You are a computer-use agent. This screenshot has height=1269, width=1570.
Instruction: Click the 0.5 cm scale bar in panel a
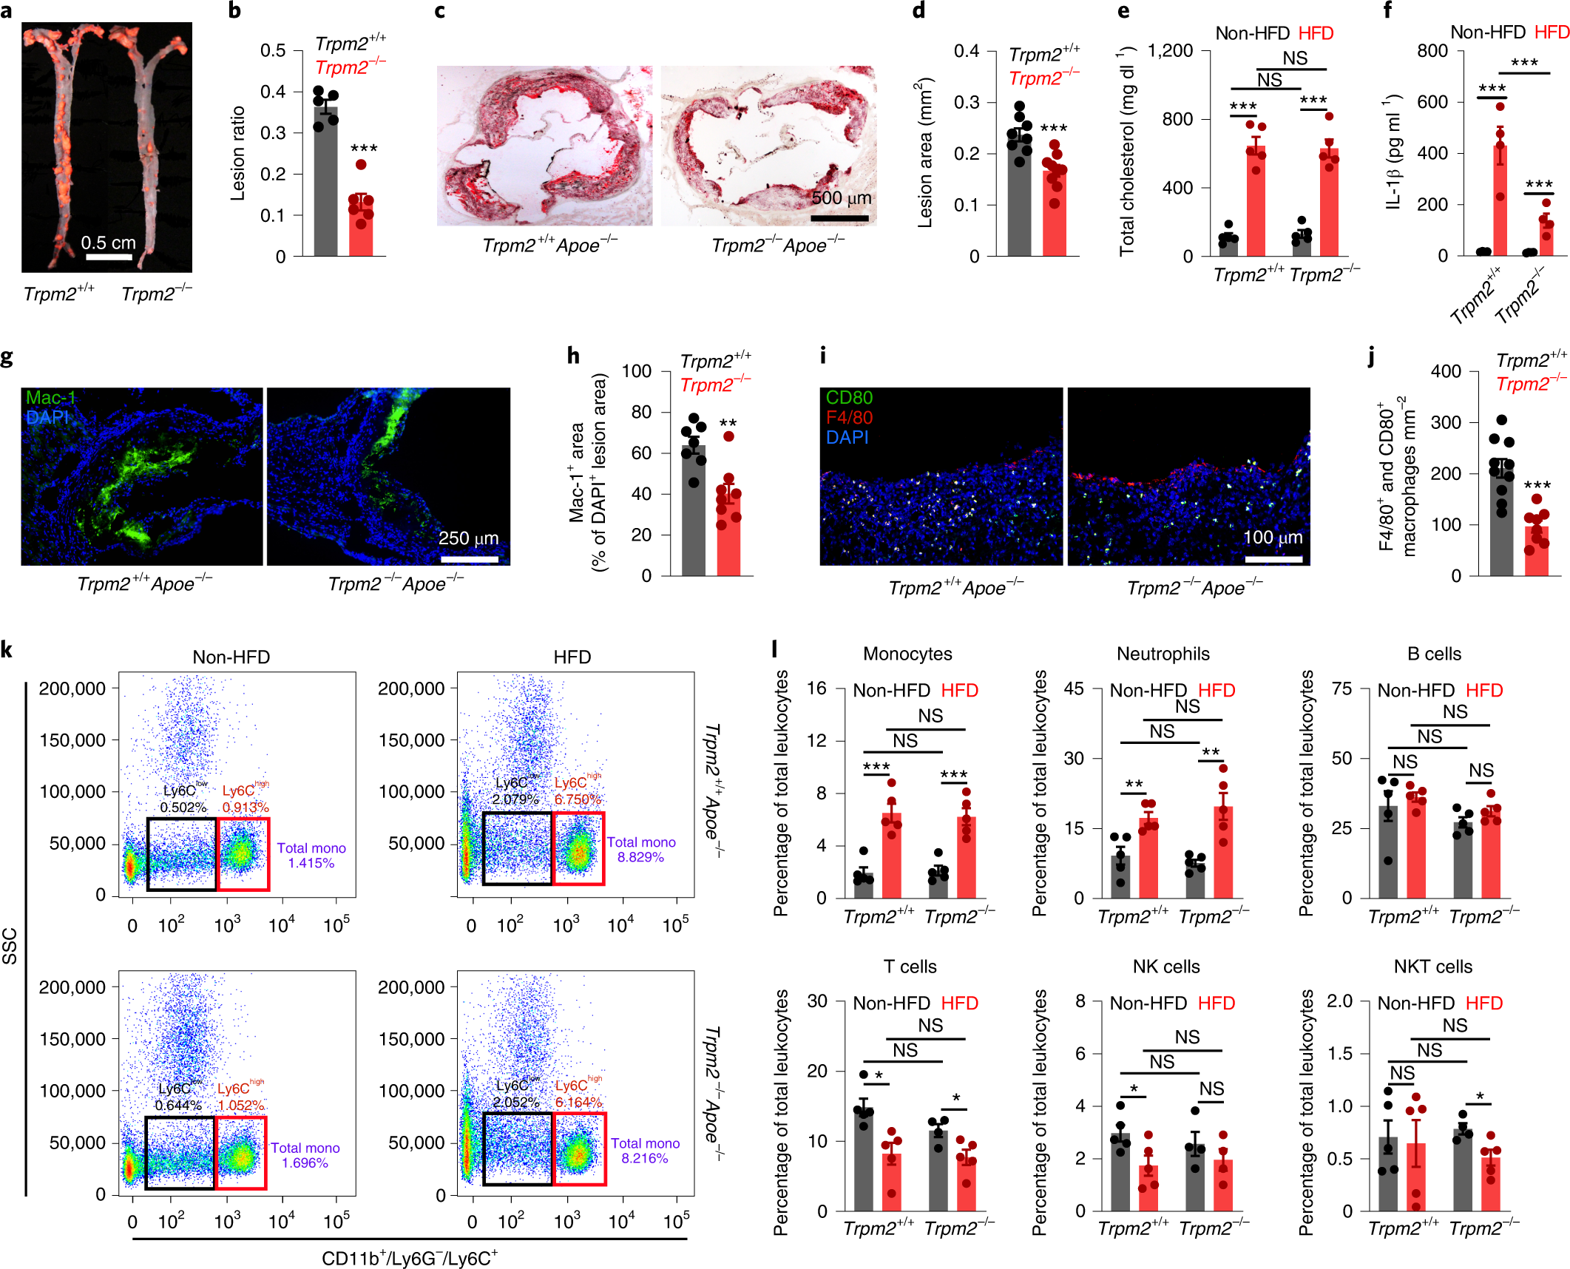pyautogui.click(x=109, y=257)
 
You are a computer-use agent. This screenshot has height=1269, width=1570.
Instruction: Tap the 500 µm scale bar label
pyautogui.click(x=842, y=198)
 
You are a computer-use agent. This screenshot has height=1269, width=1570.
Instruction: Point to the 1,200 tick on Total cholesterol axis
pyautogui.click(x=1170, y=51)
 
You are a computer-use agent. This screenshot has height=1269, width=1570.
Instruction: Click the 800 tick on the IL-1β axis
pyautogui.click(x=1432, y=51)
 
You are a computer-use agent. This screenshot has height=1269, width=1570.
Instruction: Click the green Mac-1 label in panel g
pyautogui.click(x=50, y=398)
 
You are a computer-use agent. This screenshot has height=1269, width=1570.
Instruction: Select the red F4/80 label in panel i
pyautogui.click(x=849, y=418)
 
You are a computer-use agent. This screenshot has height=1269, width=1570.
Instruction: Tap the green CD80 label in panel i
pyautogui.click(x=849, y=398)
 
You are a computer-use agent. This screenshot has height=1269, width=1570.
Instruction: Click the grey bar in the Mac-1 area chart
pyautogui.click(x=693, y=510)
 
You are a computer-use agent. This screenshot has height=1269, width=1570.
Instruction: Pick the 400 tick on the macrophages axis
pyautogui.click(x=1446, y=371)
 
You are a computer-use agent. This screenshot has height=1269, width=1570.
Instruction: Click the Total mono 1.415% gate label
pyautogui.click(x=311, y=856)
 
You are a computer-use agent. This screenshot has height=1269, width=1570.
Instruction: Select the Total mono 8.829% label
pyautogui.click(x=641, y=850)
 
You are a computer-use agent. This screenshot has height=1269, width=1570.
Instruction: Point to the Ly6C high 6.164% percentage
pyautogui.click(x=578, y=1103)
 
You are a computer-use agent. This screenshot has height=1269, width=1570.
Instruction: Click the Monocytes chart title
pyautogui.click(x=907, y=654)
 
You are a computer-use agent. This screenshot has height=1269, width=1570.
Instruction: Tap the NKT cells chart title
pyautogui.click(x=1432, y=967)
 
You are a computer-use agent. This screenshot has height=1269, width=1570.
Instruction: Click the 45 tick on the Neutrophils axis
pyautogui.click(x=1074, y=689)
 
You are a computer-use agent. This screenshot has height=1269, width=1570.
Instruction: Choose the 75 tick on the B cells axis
pyautogui.click(x=1341, y=689)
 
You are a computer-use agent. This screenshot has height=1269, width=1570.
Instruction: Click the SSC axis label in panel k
pyautogui.click(x=10, y=946)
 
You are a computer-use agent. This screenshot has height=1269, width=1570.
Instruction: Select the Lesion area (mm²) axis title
pyautogui.click(x=925, y=152)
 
